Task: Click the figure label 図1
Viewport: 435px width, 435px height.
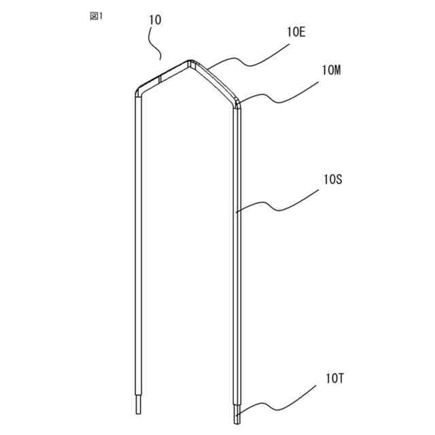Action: (x=96, y=16)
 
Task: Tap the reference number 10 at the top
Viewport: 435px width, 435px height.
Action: (x=154, y=20)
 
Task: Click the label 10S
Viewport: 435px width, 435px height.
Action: (x=333, y=179)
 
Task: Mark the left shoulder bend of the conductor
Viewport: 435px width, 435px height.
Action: (x=138, y=91)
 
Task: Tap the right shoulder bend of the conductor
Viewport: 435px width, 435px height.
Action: (x=236, y=103)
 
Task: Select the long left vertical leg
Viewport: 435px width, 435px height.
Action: (x=138, y=245)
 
